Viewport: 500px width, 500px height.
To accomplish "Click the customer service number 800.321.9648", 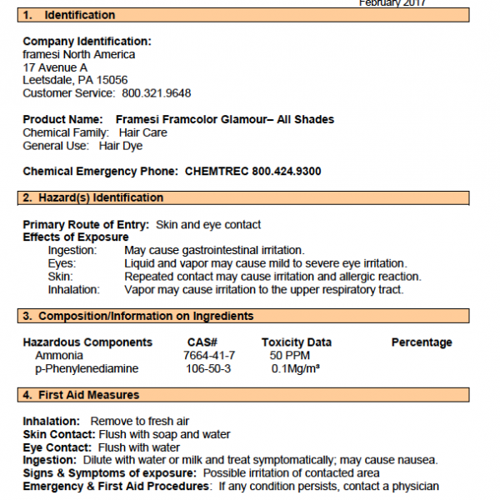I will (157, 93).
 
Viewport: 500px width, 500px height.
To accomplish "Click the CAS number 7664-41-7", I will (209, 355).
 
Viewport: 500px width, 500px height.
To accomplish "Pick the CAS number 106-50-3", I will (209, 368).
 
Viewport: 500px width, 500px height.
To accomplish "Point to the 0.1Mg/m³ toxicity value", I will (296, 368).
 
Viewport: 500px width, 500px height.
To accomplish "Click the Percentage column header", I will (422, 342).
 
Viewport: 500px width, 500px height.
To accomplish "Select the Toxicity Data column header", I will (296, 342).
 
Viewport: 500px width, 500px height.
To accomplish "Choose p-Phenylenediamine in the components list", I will (87, 368).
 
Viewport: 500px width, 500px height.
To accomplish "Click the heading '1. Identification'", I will (69, 15).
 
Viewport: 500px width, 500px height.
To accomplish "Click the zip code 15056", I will (111, 80).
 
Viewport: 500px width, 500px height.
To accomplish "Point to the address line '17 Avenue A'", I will (55, 67).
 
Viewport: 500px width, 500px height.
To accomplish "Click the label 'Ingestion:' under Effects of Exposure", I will (72, 250).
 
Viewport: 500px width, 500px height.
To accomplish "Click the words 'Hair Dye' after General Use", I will (121, 146).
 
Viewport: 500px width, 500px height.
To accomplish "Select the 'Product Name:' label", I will (62, 119).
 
